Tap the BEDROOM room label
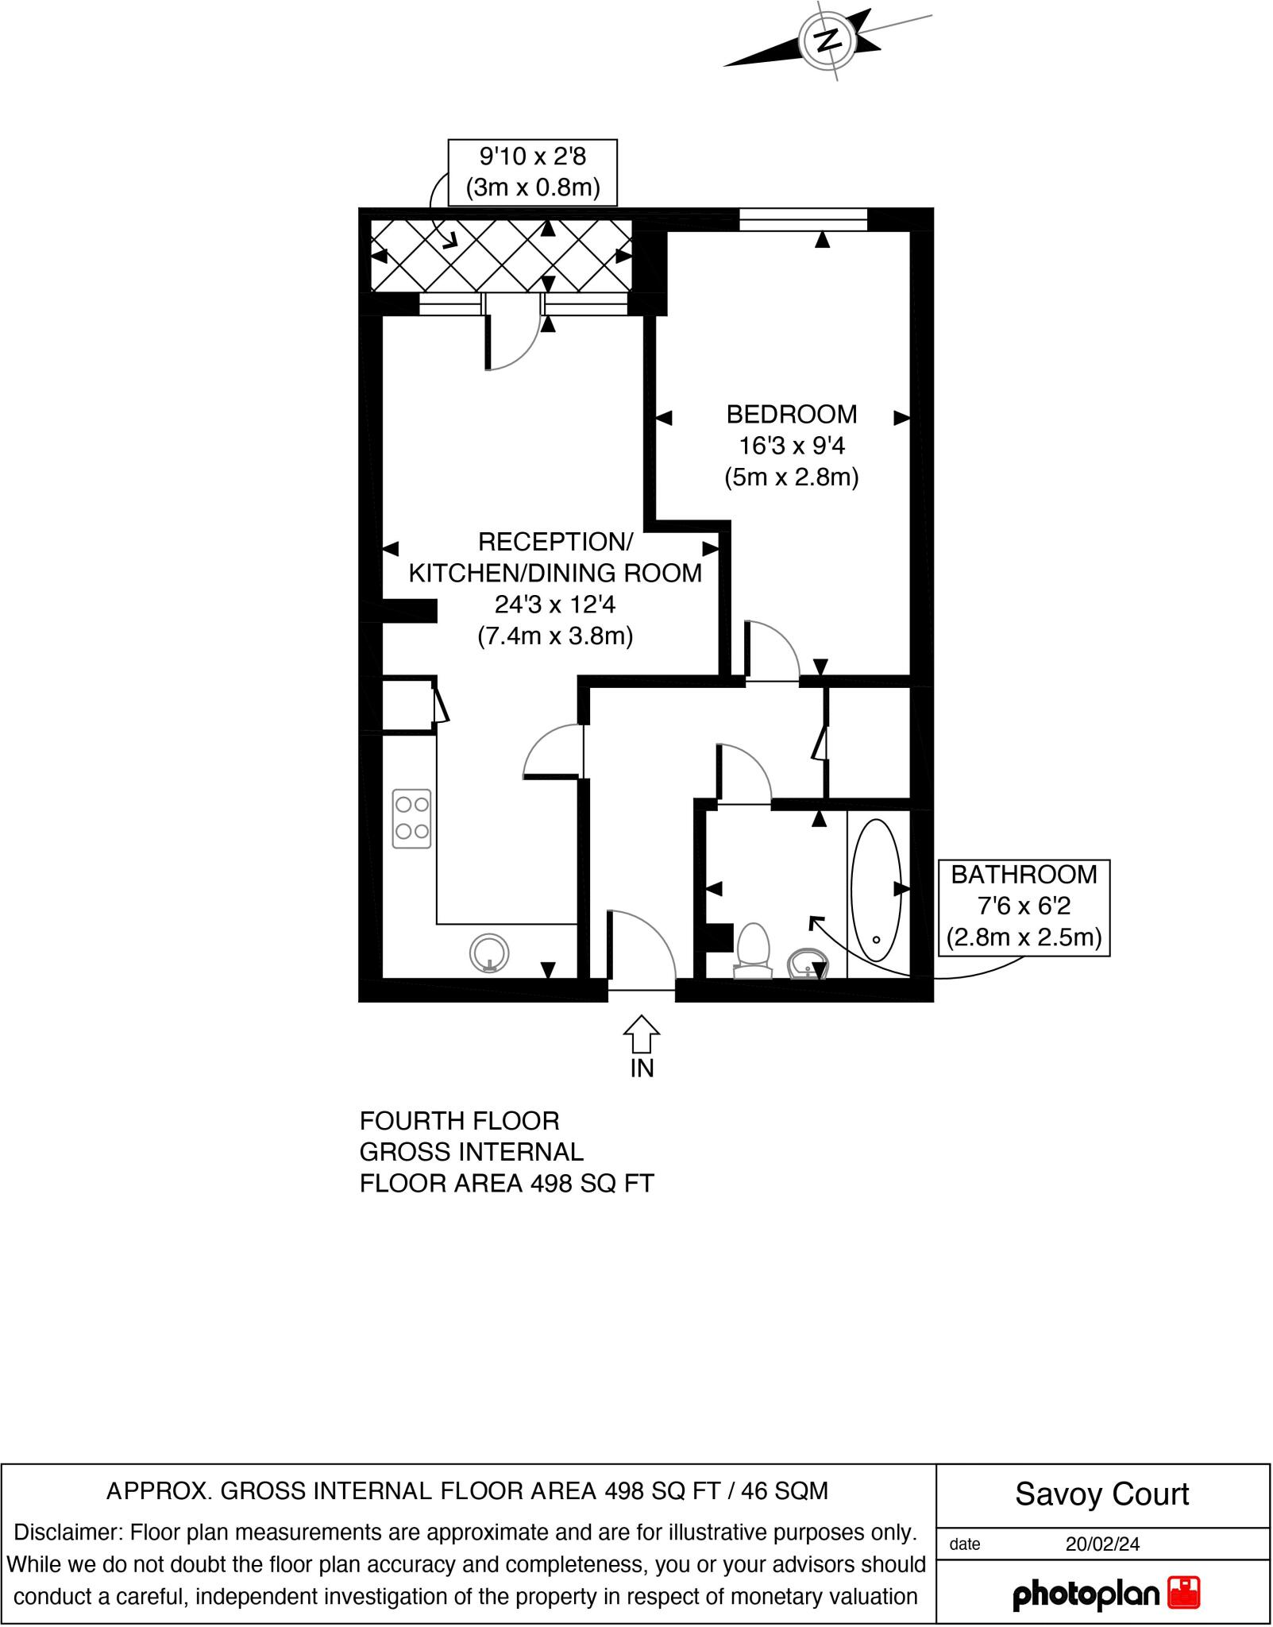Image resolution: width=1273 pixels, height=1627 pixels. point(791,414)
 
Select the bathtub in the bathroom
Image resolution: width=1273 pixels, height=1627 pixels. point(876,891)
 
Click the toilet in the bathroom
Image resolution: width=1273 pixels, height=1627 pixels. point(753,949)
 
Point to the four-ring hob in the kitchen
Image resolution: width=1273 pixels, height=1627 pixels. point(412,818)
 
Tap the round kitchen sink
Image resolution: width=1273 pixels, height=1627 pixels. point(489,953)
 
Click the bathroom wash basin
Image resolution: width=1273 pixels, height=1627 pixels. point(806,965)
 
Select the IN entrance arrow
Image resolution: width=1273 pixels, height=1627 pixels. point(641,1035)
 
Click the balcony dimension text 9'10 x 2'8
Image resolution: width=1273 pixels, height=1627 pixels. point(532,157)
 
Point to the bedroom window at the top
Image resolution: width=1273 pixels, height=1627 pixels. point(803,219)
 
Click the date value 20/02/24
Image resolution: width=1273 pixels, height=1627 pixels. point(1102,1544)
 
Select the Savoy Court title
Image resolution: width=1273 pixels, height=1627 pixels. point(1101,1494)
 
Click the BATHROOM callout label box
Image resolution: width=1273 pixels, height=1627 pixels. point(1024,906)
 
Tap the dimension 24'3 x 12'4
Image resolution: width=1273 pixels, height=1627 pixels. point(554,605)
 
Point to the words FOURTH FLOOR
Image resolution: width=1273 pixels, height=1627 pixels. point(459,1121)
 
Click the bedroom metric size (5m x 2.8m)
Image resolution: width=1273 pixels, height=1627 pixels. point(791,477)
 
